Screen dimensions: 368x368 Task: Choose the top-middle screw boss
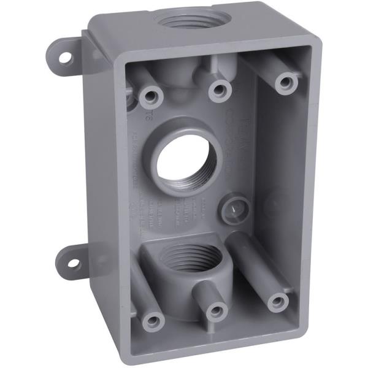pos(218,91)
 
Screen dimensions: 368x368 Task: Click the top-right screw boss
pos(286,82)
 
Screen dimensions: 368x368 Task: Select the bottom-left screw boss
pos(151,320)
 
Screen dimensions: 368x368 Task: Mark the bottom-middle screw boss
pos(215,310)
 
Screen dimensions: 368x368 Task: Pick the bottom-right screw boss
pos(278,301)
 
